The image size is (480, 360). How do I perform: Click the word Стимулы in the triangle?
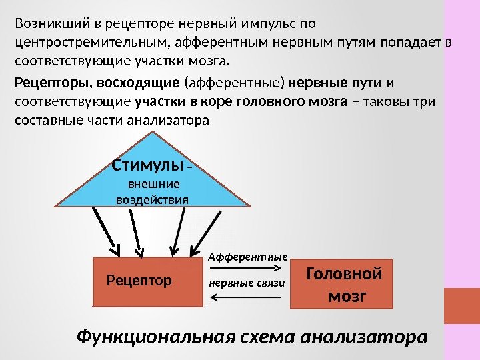146,165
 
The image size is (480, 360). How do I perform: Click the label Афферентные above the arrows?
248,255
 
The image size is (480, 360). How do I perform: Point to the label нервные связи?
247,283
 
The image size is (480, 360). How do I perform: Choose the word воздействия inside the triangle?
153,199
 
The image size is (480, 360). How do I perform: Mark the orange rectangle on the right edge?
461,305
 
